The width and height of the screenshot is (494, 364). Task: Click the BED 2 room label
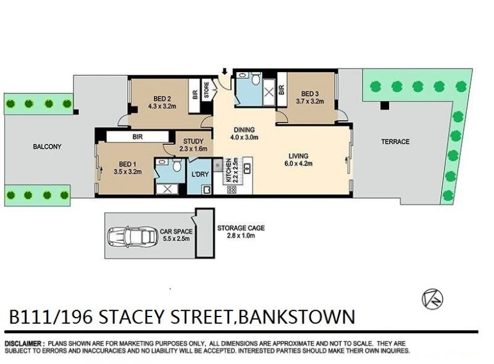[x=162, y=98]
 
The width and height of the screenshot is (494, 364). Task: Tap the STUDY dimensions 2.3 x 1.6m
[x=193, y=149]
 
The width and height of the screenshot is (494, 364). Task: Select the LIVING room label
[x=298, y=156]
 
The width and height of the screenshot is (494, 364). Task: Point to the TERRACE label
[x=395, y=142]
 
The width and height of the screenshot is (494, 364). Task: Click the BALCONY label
[x=48, y=146]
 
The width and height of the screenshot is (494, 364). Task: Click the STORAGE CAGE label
[x=241, y=228]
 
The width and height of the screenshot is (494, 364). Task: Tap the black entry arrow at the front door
[x=224, y=72]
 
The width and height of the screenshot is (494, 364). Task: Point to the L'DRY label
[x=200, y=174]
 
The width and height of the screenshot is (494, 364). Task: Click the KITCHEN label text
[x=228, y=171]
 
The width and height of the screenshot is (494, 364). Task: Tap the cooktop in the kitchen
[x=232, y=190]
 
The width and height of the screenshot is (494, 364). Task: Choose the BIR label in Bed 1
[x=138, y=137]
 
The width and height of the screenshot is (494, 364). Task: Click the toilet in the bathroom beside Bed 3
[x=256, y=78]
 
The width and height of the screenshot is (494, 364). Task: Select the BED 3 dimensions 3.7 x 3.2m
[x=310, y=101]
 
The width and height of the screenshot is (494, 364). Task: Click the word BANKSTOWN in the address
[x=297, y=316]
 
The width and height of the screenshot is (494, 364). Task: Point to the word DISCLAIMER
[x=23, y=344]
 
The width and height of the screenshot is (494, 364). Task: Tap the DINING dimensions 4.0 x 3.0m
[x=245, y=138]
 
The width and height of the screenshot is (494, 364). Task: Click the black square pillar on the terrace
[x=385, y=105]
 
